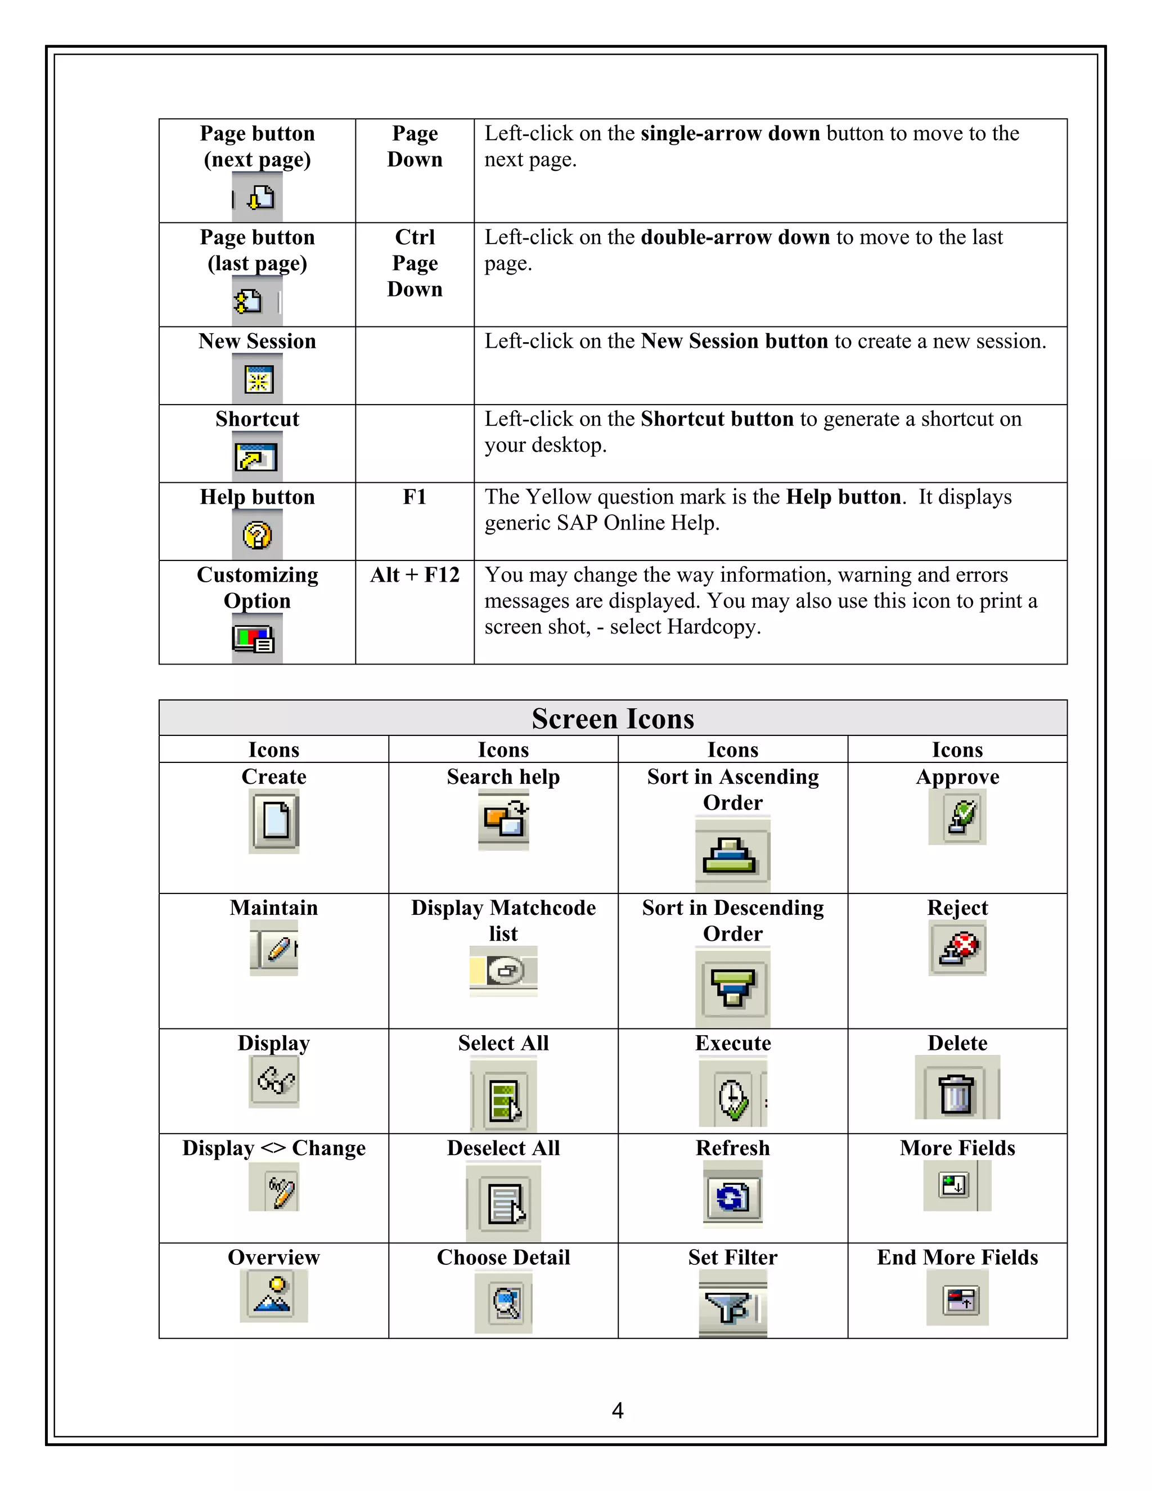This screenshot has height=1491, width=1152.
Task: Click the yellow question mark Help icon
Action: [257, 536]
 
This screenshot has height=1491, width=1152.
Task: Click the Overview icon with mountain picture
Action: [274, 1295]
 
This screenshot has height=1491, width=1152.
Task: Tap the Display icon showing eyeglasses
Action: [274, 1081]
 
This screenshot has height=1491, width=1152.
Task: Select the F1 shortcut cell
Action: [414, 497]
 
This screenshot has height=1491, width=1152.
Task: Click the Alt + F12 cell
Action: [414, 575]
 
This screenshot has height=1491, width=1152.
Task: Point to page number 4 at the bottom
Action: [617, 1411]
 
